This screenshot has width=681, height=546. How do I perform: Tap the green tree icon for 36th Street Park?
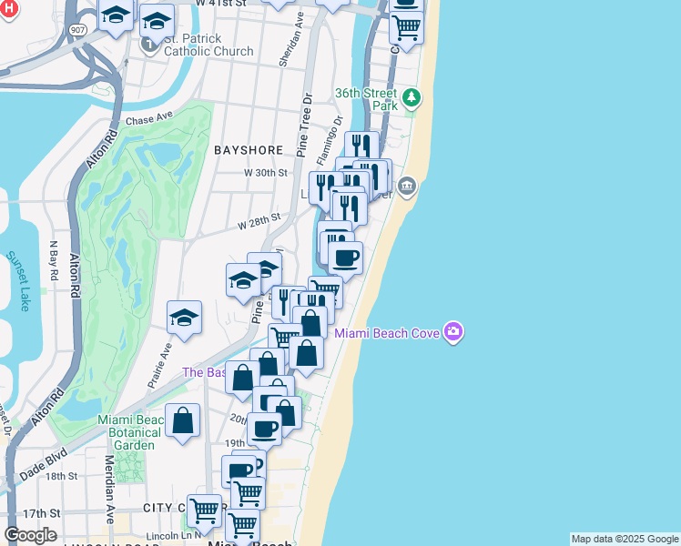point(412,96)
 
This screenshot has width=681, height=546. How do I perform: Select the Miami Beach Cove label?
point(387,333)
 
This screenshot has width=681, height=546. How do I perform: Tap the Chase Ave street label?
point(149,120)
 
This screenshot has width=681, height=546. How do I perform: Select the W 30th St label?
point(265,172)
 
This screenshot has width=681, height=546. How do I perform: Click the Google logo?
point(30,535)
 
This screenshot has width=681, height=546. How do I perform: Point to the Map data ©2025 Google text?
point(625,539)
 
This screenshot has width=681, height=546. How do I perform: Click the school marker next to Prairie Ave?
point(184,318)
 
